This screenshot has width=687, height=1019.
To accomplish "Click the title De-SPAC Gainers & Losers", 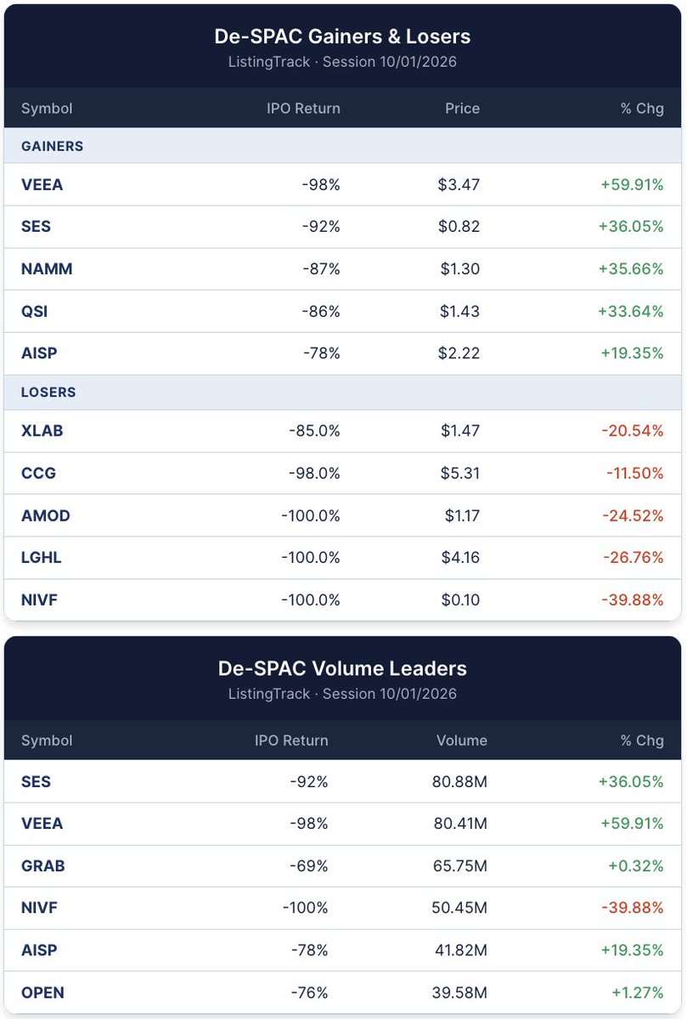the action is pyautogui.click(x=342, y=37).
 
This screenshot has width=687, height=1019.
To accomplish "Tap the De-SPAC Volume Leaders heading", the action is pyautogui.click(x=342, y=668).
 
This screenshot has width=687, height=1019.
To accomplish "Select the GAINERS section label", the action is pyautogui.click(x=53, y=146).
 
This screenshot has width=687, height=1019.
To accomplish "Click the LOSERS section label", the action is pyautogui.click(x=48, y=391).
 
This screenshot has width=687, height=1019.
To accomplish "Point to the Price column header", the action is pyautogui.click(x=462, y=109).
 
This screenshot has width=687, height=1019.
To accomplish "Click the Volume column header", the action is pyautogui.click(x=462, y=740).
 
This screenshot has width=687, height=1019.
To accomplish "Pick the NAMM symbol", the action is pyautogui.click(x=47, y=268).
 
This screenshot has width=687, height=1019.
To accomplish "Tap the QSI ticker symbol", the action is pyautogui.click(x=35, y=311).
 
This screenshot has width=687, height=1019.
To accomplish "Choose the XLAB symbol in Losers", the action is pyautogui.click(x=42, y=431).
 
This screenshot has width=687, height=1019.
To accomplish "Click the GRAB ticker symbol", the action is pyautogui.click(x=43, y=865).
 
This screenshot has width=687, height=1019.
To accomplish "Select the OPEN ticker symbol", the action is pyautogui.click(x=42, y=992).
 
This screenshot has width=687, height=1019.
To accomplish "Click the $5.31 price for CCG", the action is pyautogui.click(x=460, y=473).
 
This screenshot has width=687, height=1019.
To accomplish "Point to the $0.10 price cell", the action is pyautogui.click(x=460, y=600).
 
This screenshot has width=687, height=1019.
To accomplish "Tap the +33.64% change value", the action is pyautogui.click(x=631, y=311).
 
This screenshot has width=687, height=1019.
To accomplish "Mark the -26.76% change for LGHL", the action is pyautogui.click(x=634, y=557).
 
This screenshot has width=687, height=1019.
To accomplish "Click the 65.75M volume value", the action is pyautogui.click(x=460, y=865).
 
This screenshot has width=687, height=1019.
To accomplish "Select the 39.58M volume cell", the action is pyautogui.click(x=459, y=992).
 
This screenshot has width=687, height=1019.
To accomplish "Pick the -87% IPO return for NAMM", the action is pyautogui.click(x=321, y=268).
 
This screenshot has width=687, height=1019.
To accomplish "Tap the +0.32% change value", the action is pyautogui.click(x=636, y=865).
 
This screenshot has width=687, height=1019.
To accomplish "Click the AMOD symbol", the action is pyautogui.click(x=46, y=515).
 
